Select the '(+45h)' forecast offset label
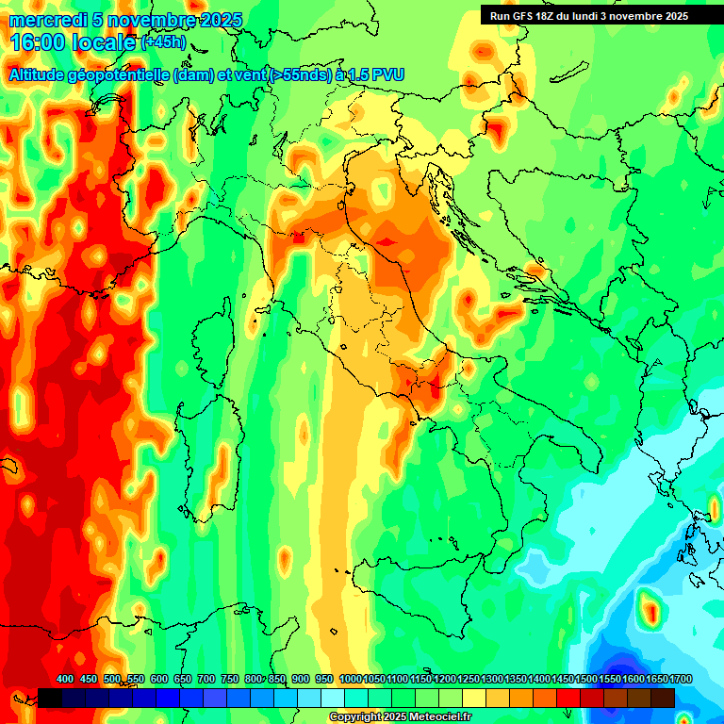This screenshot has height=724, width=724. pyautogui.click(x=163, y=42)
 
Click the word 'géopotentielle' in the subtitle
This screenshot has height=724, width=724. pyautogui.click(x=119, y=74)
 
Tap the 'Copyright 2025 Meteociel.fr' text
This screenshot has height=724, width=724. pyautogui.click(x=400, y=717)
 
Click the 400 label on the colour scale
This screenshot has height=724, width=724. pyautogui.click(x=65, y=680)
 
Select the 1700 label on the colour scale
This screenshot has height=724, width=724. pyautogui.click(x=654, y=680)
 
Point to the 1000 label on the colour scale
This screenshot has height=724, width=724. pyautogui.click(x=351, y=680)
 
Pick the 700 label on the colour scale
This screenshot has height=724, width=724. pyautogui.click(x=206, y=680)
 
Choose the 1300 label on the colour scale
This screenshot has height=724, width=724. pyautogui.click(x=492, y=680)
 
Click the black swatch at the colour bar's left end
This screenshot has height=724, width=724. pyautogui.click(x=50, y=698)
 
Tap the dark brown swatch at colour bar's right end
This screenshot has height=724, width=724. pyautogui.click(x=663, y=698)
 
